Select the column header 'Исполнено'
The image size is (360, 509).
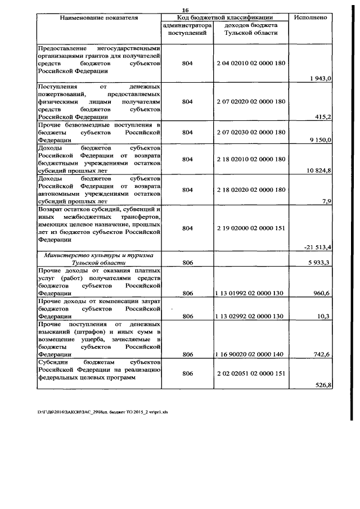point(310,17)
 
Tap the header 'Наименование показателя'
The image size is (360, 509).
point(99,17)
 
